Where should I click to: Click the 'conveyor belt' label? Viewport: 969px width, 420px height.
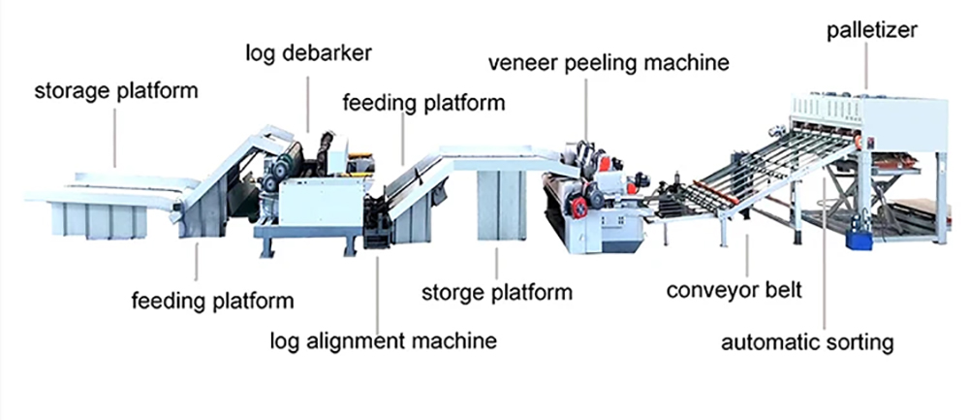tap(735, 290)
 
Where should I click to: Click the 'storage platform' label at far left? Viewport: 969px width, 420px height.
tap(116, 92)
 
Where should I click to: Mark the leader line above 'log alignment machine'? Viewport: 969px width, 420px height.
tap(379, 281)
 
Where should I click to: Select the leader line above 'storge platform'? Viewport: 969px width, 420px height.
tap(496, 263)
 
